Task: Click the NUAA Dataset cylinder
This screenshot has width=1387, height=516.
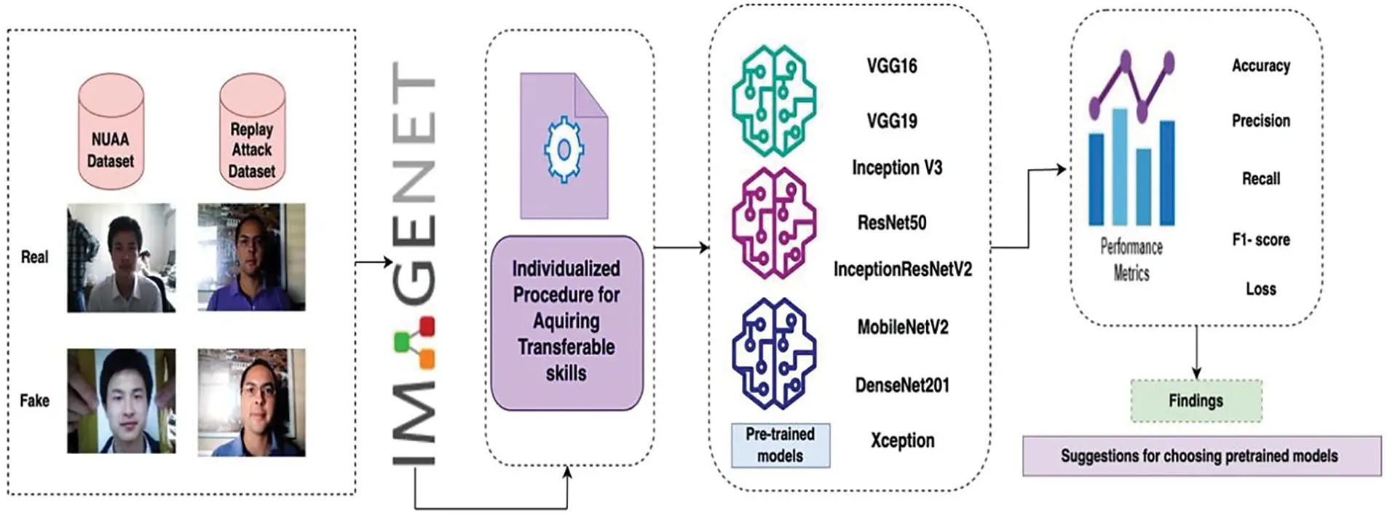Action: [x=111, y=132]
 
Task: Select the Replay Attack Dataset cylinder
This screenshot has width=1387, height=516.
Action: [x=251, y=132]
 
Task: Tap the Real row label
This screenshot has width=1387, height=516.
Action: [x=34, y=257]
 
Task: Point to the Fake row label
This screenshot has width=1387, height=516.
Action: [x=34, y=400]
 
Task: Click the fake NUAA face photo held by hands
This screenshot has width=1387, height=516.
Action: [x=121, y=401]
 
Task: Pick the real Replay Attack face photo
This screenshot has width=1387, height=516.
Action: [x=251, y=257]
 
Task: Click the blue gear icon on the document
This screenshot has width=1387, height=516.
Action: [x=564, y=151]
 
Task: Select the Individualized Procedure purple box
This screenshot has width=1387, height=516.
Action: [x=566, y=321]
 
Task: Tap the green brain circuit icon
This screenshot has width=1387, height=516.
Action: [x=773, y=100]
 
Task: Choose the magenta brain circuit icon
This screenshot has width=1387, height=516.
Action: [x=773, y=223]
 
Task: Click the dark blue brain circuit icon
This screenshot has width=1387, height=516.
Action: [x=773, y=353]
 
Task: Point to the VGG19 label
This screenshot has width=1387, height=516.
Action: [x=891, y=121]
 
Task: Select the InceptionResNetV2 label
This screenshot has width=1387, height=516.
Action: [x=902, y=269]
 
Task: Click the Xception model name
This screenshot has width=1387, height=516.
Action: [x=902, y=441]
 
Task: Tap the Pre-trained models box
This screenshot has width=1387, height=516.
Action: [x=780, y=445]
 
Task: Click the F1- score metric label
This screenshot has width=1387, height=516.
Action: [x=1260, y=239]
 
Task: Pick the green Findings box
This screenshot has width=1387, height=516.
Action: [x=1196, y=400]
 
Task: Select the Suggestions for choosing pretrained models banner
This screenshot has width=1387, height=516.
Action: [x=1201, y=456]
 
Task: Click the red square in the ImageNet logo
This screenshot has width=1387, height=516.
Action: [x=427, y=325]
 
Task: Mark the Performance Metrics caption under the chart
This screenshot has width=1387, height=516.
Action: [x=1131, y=260]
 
